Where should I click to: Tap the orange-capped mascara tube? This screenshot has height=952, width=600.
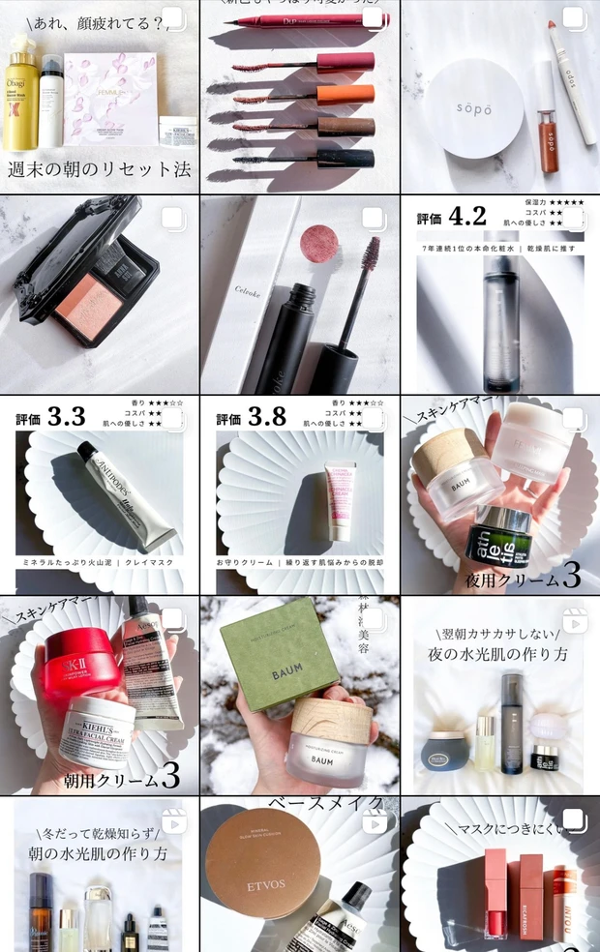click(345, 94)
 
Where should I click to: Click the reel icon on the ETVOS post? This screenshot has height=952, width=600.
click(374, 821)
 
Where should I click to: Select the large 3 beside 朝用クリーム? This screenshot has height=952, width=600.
click(170, 775)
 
